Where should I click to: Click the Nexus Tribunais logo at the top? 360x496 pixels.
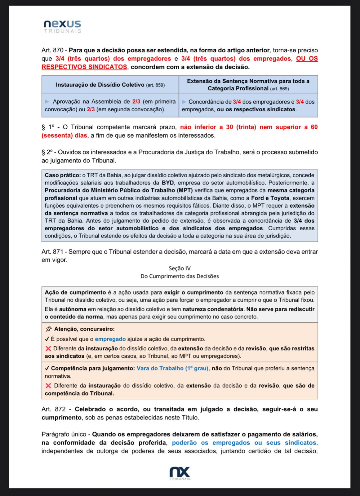pos(62,26)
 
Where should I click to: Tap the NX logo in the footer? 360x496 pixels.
pos(180,473)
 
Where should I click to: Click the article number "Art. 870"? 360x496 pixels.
pos(52,50)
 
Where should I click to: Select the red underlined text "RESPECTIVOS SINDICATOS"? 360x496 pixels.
pos(84,67)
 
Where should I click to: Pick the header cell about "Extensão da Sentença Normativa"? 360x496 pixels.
pos(248,85)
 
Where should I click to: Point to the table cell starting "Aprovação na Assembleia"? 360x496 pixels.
pos(110,105)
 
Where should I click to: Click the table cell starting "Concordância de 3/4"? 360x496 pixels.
pos(248,105)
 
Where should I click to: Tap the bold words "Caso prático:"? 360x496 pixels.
pos(63,175)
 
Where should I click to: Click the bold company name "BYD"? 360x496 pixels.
pos(168,183)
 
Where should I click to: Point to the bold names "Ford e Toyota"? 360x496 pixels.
pos(270,198)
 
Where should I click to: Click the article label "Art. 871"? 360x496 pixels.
pos(52,252)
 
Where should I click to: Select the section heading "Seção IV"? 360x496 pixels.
pos(180,268)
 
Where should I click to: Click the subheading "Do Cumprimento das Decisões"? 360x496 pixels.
pos(180,276)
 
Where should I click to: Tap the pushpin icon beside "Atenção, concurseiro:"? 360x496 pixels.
pos(49,329)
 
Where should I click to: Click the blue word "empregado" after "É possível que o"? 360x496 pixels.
pos(110,339)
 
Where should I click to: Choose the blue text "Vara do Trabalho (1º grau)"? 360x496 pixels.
pos(172,368)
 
